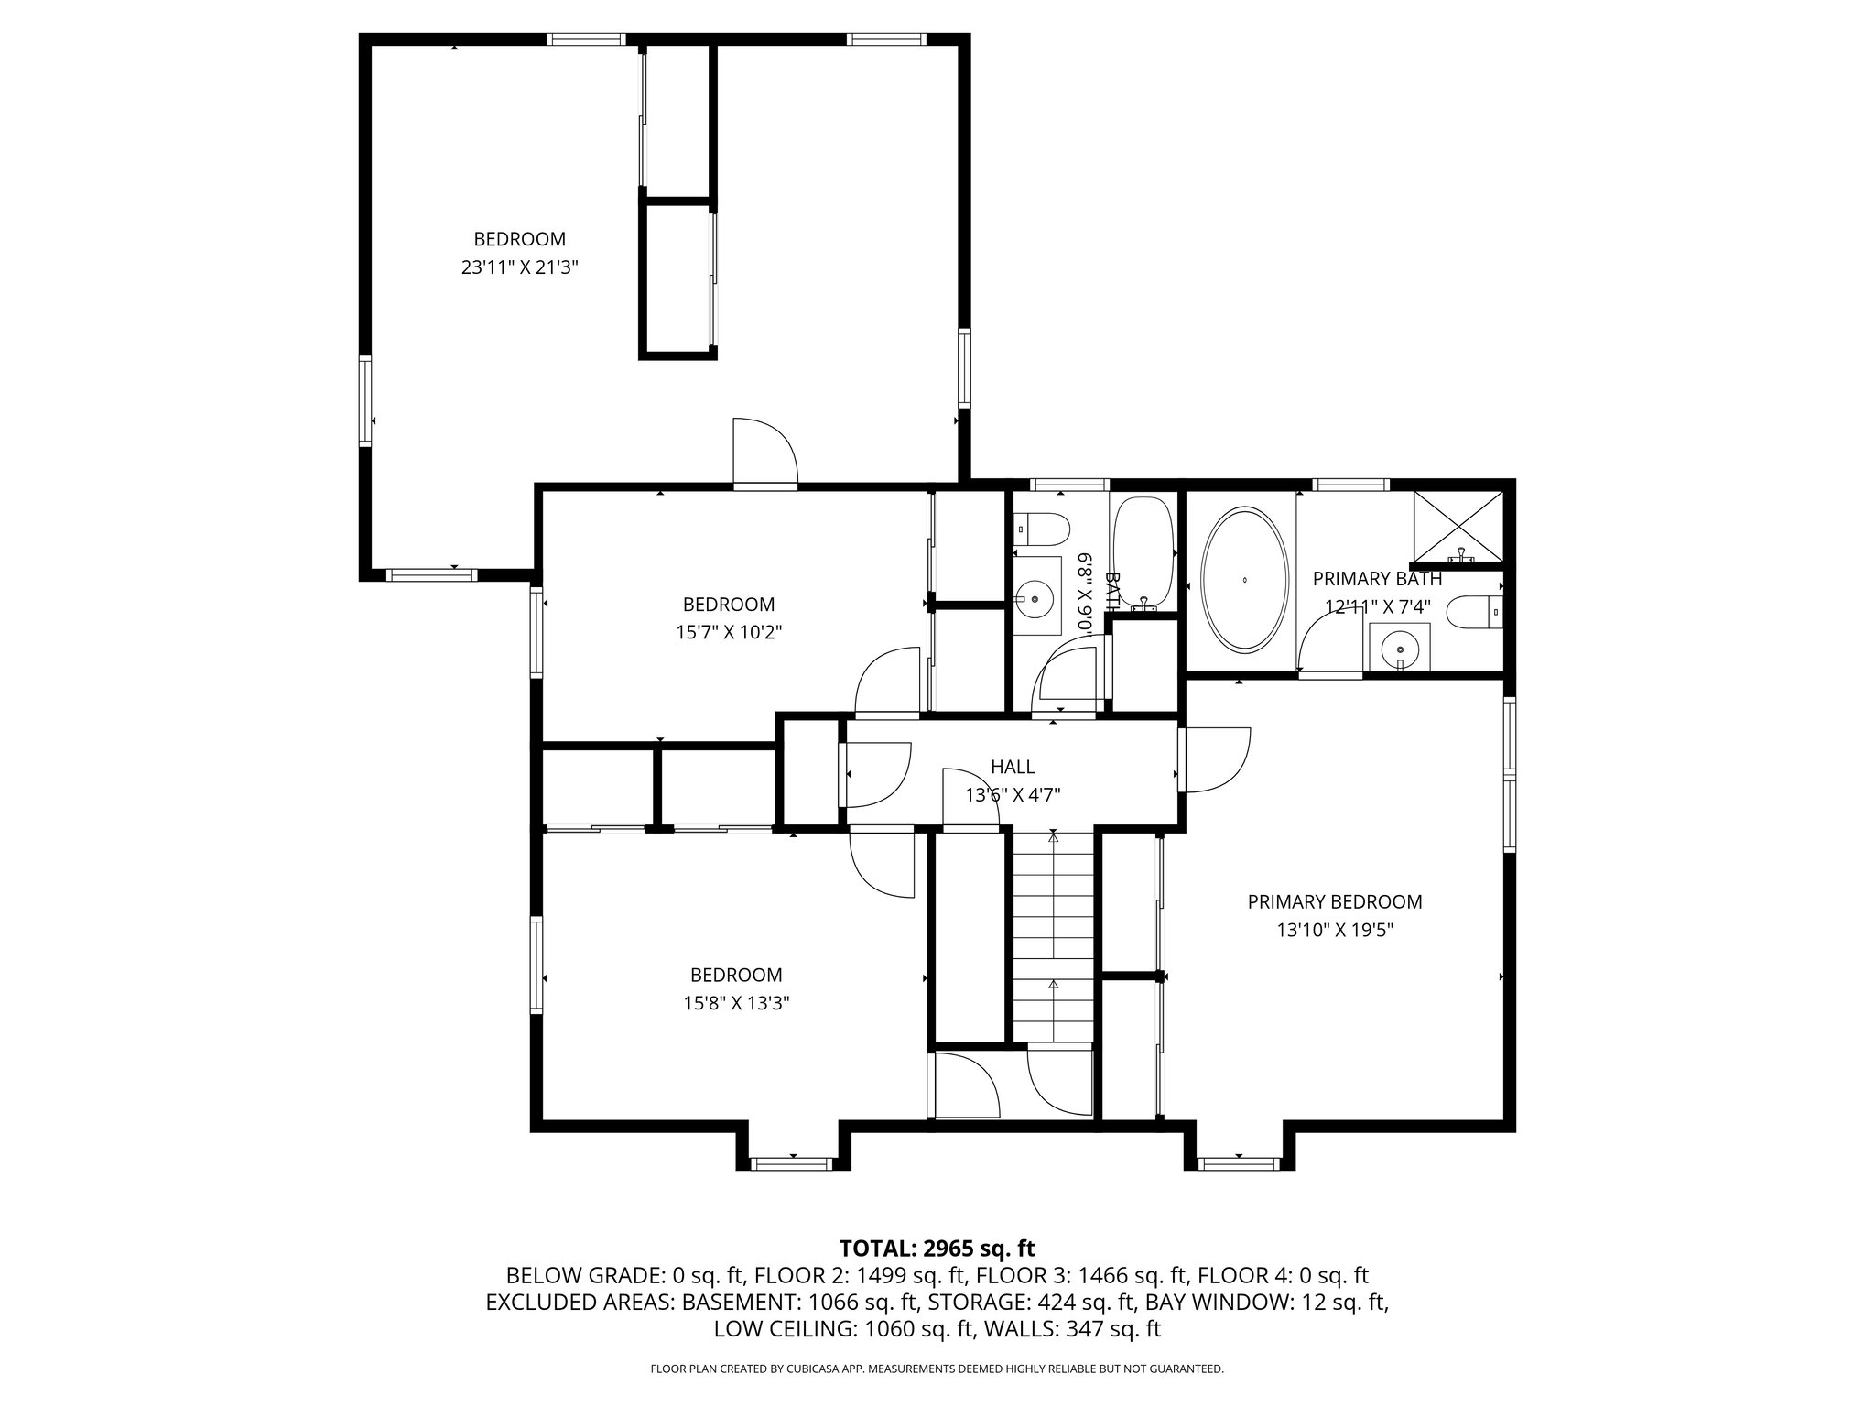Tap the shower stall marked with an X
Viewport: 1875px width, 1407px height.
(1459, 526)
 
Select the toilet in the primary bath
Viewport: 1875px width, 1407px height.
(1474, 612)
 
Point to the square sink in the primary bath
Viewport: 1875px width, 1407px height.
(1399, 647)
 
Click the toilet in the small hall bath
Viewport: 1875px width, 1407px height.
(1044, 529)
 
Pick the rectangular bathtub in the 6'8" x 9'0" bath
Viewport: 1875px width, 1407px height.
(1143, 552)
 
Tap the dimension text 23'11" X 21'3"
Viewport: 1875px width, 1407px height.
(519, 268)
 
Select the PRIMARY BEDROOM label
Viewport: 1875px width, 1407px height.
(1334, 902)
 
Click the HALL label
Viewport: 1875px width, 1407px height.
(1013, 767)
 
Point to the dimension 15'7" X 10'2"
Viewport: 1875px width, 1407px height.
(728, 632)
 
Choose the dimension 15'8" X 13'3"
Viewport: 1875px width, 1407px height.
(735, 1003)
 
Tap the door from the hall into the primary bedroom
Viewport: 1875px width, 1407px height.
(1213, 759)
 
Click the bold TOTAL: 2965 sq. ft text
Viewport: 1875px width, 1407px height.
(937, 1248)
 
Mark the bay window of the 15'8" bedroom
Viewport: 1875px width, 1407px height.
(791, 1162)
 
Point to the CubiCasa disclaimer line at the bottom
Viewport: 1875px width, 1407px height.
(937, 1369)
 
